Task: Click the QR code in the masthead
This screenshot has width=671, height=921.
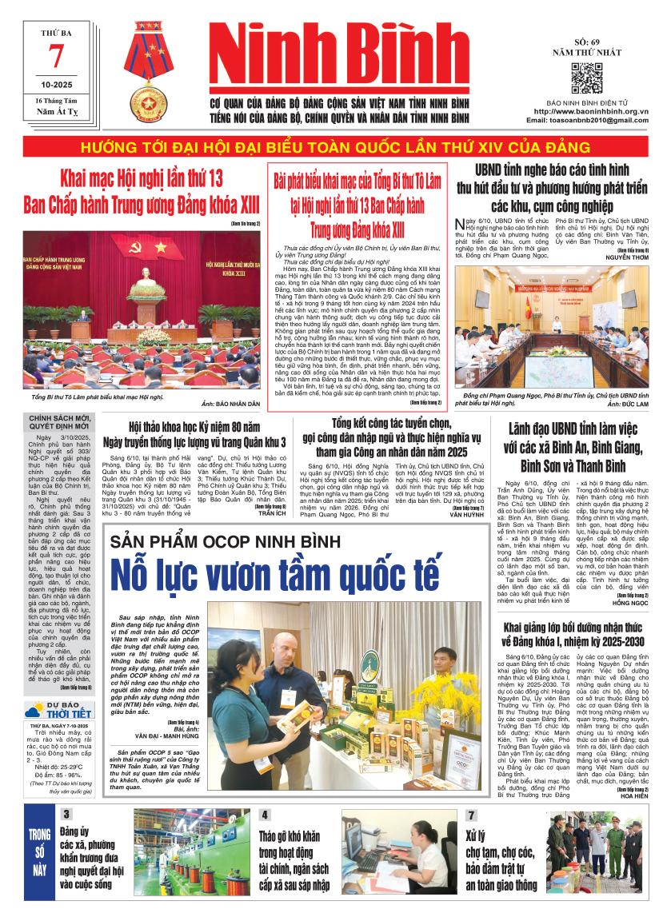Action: [586, 78]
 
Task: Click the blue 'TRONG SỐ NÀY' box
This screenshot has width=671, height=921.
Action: [39, 849]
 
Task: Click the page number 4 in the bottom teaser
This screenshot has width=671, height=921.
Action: [265, 815]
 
